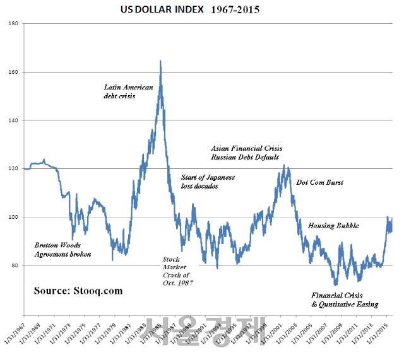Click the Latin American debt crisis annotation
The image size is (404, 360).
tap(129, 91)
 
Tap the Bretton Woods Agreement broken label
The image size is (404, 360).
tap(62, 249)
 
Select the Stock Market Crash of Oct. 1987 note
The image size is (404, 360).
tap(177, 271)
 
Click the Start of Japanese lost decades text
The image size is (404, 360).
tap(208, 182)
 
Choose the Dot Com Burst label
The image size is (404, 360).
tap(320, 183)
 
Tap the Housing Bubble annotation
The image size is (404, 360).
tap(333, 226)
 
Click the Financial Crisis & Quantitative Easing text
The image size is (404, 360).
tap(345, 299)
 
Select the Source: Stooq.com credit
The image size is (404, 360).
tap(78, 291)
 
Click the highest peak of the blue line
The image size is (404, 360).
tap(160, 61)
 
